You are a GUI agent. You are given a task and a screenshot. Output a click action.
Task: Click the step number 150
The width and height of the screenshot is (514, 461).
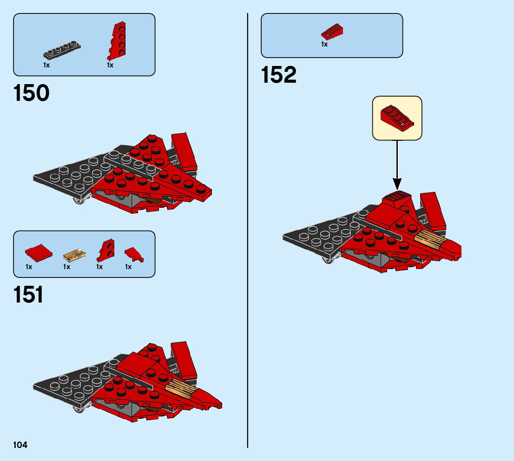point(32,93)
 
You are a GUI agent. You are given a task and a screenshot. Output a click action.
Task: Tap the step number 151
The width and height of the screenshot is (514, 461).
point(29,295)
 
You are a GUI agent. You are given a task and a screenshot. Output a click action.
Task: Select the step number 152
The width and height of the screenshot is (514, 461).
point(279,75)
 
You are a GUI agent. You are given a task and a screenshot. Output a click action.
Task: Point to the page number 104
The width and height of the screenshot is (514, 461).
point(20,445)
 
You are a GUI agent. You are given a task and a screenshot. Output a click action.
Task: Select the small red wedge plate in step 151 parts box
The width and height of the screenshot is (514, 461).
point(105,251)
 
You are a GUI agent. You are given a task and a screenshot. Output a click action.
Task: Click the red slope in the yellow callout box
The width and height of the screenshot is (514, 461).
point(397,118)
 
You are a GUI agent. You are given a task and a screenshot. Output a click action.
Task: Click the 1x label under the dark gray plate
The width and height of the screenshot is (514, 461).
point(46,66)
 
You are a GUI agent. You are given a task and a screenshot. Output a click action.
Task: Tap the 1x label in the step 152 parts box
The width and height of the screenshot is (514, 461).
point(324,45)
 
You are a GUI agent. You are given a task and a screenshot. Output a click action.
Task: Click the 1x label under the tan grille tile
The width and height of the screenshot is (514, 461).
point(67,267)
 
